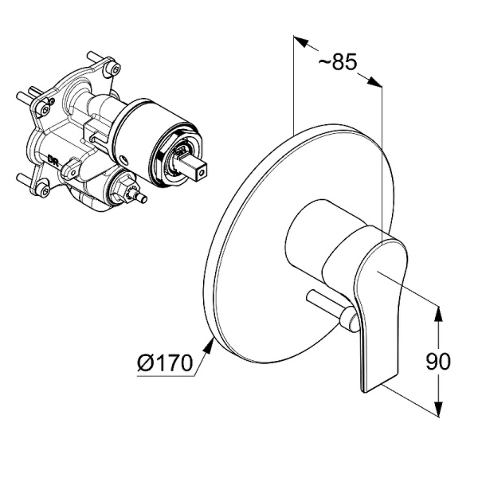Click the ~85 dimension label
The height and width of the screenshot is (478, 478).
coord(338,61)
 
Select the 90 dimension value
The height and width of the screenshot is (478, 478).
coord(437,361)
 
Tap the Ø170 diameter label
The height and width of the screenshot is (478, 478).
coord(165,362)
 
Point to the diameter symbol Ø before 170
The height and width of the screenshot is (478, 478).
coord(146,362)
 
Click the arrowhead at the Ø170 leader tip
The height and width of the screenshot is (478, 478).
coord(209,347)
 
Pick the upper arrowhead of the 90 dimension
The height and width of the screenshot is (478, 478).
coord(438,314)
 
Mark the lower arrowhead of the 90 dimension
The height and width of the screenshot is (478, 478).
coord(438,409)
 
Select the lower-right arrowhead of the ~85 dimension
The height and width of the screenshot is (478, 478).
coord(374,82)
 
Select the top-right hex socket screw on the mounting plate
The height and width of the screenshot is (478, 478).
coord(115,69)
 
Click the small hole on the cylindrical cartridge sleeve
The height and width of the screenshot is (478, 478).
coord(124,159)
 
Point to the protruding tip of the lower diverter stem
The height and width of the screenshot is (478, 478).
coord(143,198)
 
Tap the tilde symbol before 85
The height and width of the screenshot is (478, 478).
coord(324,62)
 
